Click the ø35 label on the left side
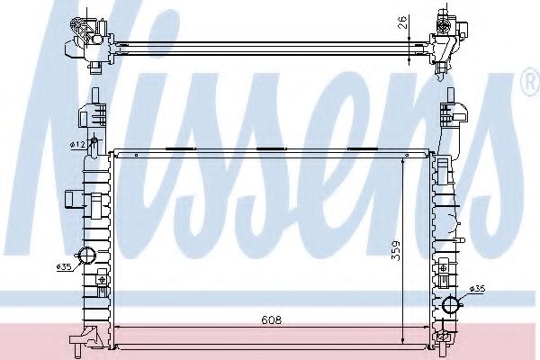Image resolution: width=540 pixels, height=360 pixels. pyautogui.click(x=63, y=266)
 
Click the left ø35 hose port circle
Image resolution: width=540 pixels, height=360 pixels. pyautogui.click(x=87, y=255)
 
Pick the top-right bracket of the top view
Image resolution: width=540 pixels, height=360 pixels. pyautogui.click(x=450, y=36)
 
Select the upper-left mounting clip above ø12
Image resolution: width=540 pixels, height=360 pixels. pyautogui.click(x=89, y=117)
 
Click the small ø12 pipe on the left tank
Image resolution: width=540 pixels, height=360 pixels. pyautogui.click(x=94, y=147)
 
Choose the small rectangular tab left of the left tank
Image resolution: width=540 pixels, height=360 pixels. pyautogui.click(x=76, y=197)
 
